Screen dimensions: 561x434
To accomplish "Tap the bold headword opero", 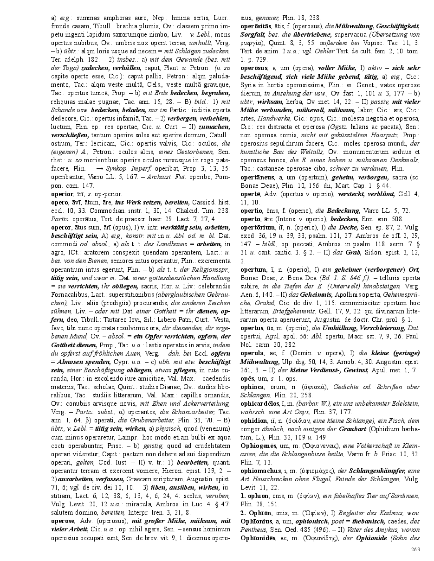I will [x=59, y=203].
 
